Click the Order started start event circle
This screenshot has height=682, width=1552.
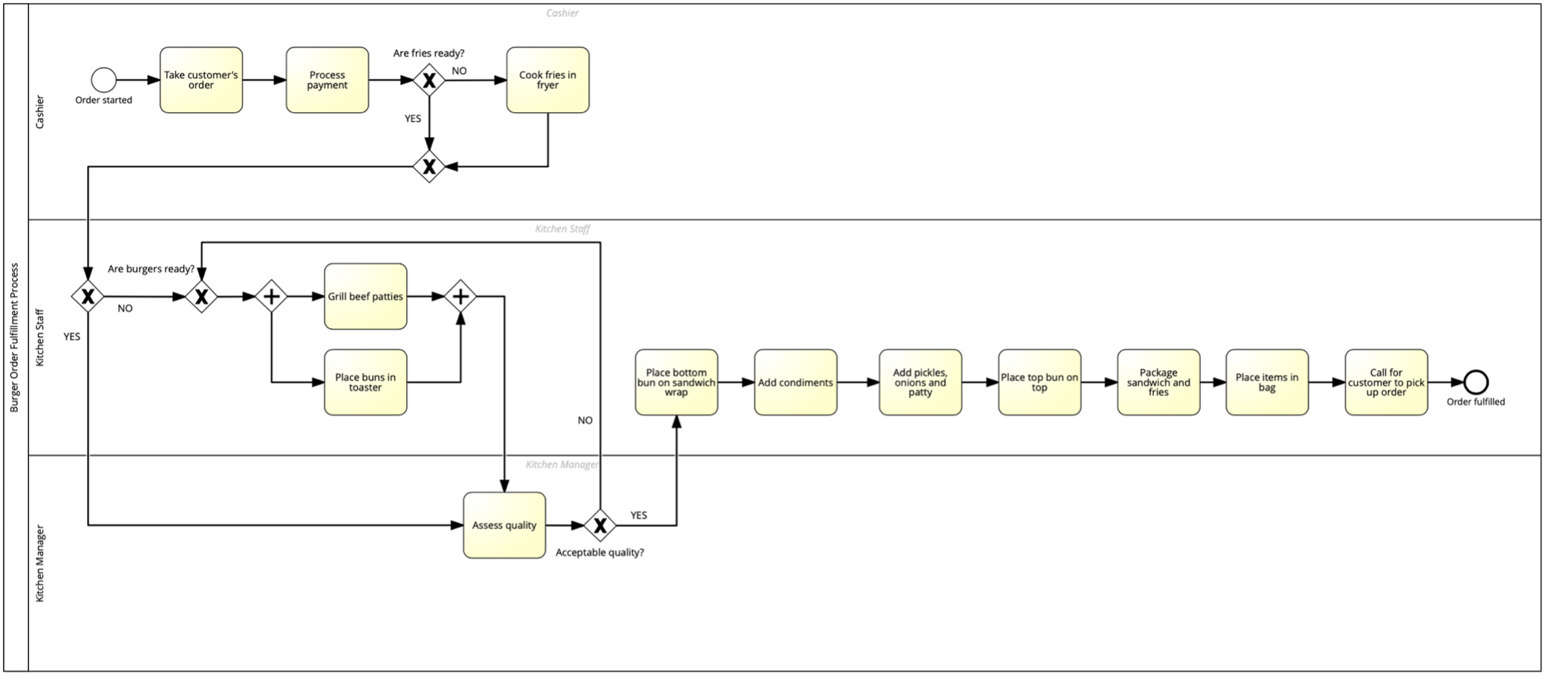(x=103, y=79)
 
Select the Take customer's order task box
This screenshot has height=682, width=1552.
(x=201, y=80)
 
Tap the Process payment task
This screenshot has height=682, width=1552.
(x=327, y=80)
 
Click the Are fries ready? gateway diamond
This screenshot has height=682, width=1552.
(x=428, y=80)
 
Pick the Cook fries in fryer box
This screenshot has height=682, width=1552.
(x=548, y=80)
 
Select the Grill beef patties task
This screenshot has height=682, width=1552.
(x=365, y=296)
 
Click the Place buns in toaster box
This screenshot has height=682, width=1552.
(x=365, y=382)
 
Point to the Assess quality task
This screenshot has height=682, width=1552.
(x=504, y=525)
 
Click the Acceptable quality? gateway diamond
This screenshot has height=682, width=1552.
(x=600, y=525)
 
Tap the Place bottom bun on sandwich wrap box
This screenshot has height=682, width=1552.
(x=676, y=382)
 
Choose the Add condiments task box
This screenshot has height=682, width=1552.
(x=795, y=382)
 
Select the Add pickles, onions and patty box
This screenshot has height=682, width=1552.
(x=920, y=382)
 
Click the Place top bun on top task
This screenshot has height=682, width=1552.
(x=1040, y=382)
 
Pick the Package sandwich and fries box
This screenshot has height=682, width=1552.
(x=1158, y=382)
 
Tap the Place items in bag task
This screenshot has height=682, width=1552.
(x=1267, y=382)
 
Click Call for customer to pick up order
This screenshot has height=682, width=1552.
(x=1386, y=382)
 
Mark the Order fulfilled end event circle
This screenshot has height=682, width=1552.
(x=1476, y=382)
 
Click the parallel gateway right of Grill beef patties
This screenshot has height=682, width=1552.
(x=460, y=296)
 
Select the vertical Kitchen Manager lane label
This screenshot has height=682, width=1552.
(x=40, y=563)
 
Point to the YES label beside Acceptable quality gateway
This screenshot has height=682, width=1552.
(x=639, y=515)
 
